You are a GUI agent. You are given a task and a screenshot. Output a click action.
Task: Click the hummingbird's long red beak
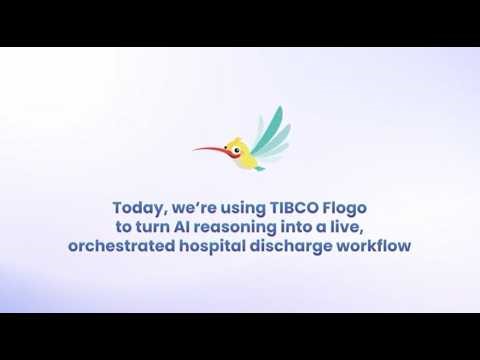pos(209,150)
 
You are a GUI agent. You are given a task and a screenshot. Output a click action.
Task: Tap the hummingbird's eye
pos(237,150)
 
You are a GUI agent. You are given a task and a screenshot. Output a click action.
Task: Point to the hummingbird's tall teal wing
pos(269,125)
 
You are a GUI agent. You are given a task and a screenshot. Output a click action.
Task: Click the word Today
pos(137,208)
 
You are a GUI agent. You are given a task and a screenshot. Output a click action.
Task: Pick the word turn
pos(170,226)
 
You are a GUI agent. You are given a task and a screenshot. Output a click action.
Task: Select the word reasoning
pos(256,227)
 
